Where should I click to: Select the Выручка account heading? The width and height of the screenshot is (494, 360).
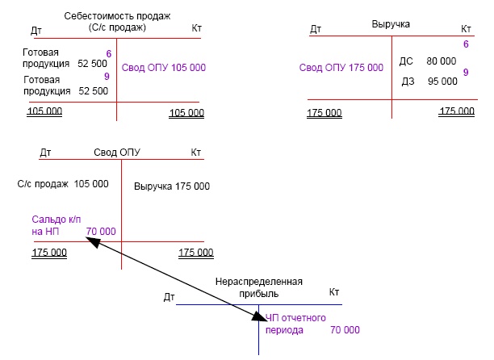point(391,24)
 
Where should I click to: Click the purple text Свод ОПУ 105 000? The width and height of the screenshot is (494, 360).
point(164,68)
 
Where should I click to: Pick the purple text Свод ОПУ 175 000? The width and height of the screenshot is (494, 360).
point(341,68)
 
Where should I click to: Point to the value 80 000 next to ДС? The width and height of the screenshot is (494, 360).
point(442,61)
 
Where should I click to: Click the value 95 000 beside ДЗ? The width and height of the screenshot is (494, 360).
point(442,82)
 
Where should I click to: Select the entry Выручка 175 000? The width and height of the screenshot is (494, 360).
point(171,186)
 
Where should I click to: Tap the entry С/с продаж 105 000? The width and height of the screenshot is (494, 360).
point(63,184)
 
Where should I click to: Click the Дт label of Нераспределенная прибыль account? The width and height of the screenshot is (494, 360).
point(170,298)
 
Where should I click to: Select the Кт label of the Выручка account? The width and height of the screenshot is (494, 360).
point(467,28)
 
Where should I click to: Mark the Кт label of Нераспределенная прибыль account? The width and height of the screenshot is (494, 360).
point(335,291)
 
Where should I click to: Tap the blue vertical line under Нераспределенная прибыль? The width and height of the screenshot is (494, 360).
point(258,343)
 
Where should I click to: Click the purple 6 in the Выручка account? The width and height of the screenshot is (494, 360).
point(466,44)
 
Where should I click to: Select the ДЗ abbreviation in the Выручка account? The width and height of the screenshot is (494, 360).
point(408,82)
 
